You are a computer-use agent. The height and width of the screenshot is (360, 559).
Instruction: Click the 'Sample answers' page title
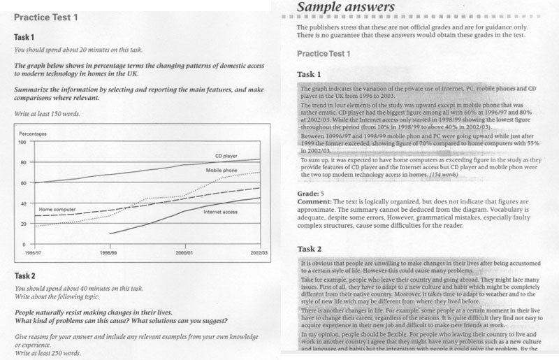pos(346,8)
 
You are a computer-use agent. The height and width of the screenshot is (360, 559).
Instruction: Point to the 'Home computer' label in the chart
pos(57,209)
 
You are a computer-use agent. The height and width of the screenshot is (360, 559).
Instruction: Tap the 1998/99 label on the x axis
pos(110,250)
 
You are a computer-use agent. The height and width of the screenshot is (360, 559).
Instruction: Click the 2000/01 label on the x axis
pos(184,250)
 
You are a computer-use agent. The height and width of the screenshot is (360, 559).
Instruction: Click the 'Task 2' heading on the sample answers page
pos(310,249)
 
